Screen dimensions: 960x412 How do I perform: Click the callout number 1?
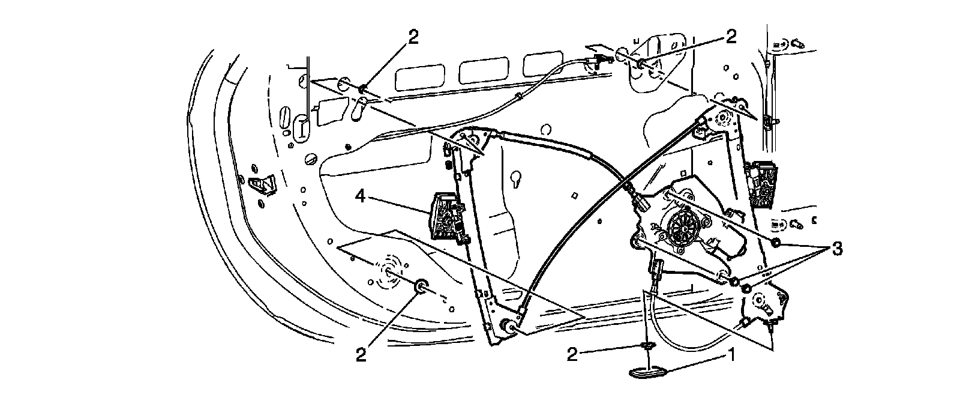[x=731, y=356]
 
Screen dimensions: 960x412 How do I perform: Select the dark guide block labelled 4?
[x=447, y=217]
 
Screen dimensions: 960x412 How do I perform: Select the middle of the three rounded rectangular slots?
[x=480, y=70]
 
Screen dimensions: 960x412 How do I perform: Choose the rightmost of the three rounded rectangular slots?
[x=542, y=65]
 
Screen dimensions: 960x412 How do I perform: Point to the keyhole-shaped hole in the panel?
[x=515, y=178]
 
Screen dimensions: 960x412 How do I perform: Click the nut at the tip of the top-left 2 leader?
[x=363, y=90]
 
